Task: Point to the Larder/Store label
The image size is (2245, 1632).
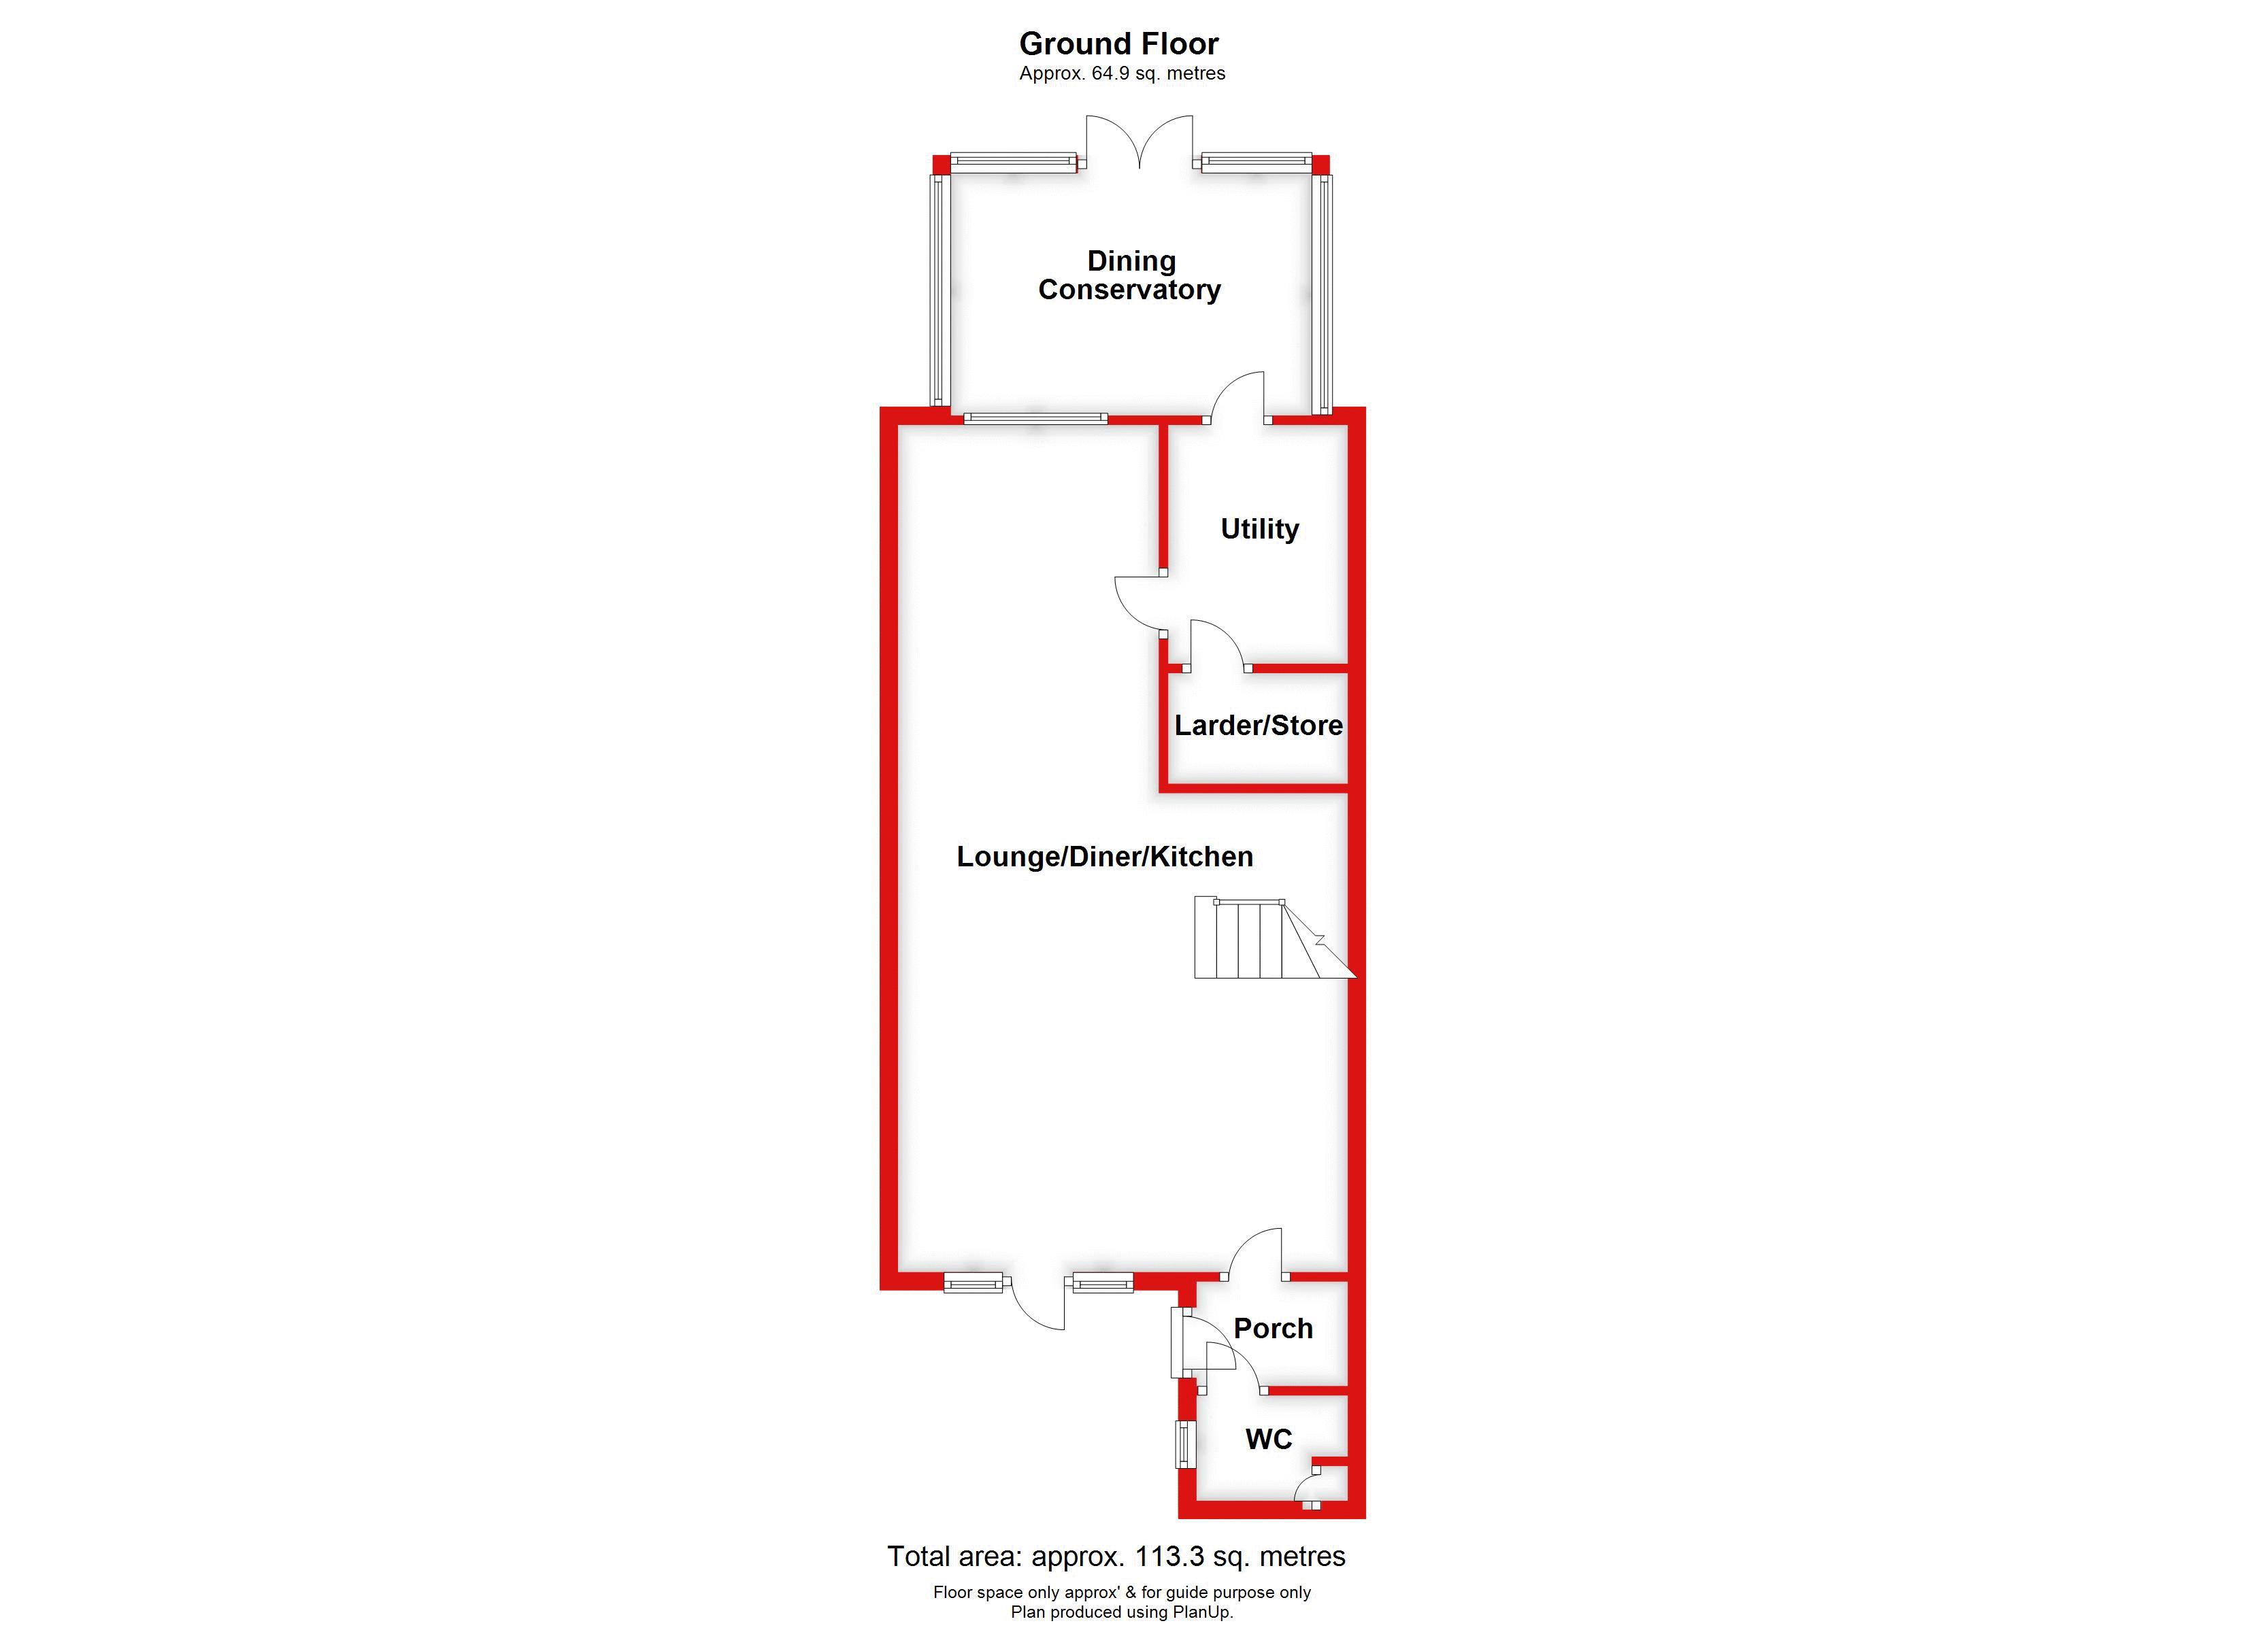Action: (x=1258, y=726)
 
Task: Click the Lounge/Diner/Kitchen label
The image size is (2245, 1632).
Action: (x=1105, y=856)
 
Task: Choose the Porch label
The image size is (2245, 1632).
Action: (x=1273, y=1328)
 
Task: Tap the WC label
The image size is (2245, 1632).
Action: (x=1269, y=1439)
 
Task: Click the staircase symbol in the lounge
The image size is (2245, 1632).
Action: (x=1267, y=938)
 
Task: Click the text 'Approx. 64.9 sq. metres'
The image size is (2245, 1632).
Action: (x=1122, y=73)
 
